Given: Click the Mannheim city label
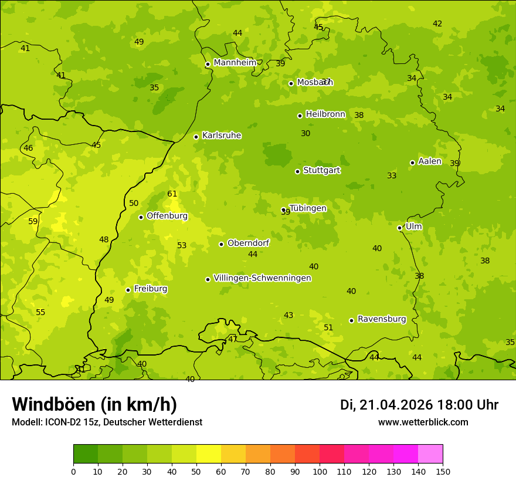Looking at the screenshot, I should pyautogui.click(x=235, y=63).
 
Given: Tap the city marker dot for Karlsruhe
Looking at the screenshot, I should pyautogui.click(x=196, y=137).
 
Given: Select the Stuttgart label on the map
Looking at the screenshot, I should pyautogui.click(x=321, y=170).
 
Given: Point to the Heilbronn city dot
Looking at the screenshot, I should pyautogui.click(x=300, y=116).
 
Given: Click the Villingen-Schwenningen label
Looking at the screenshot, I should pyautogui.click(x=262, y=278).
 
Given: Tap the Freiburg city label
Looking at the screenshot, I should pyautogui.click(x=150, y=289).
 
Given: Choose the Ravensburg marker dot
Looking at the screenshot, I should pyautogui.click(x=351, y=320).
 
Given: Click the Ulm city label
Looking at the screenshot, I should pyautogui.click(x=413, y=226).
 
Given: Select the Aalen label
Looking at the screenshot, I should pyautogui.click(x=429, y=161).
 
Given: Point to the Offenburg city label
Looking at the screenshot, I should pyautogui.click(x=167, y=216).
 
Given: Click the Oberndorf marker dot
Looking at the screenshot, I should pyautogui.click(x=221, y=244).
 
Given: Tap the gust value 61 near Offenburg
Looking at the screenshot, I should pyautogui.click(x=172, y=194).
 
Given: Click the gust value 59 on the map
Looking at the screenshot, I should pyautogui.click(x=33, y=222).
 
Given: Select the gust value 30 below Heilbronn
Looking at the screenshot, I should pyautogui.click(x=305, y=134).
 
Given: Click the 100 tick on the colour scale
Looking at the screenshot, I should pyautogui.click(x=320, y=471).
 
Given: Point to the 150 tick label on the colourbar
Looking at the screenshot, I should pyautogui.click(x=443, y=471).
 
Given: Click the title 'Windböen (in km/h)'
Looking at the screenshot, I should pyautogui.click(x=94, y=404).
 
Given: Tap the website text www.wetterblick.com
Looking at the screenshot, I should pyautogui.click(x=423, y=422).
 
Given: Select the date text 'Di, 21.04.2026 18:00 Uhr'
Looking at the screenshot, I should pyautogui.click(x=419, y=405).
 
